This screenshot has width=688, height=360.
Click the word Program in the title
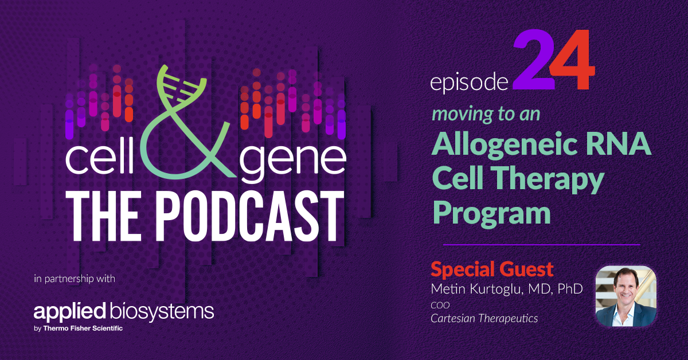(491, 213)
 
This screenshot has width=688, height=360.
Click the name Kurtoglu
(492, 289)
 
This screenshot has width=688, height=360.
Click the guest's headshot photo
(626, 296)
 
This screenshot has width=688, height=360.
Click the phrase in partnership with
(75, 280)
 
